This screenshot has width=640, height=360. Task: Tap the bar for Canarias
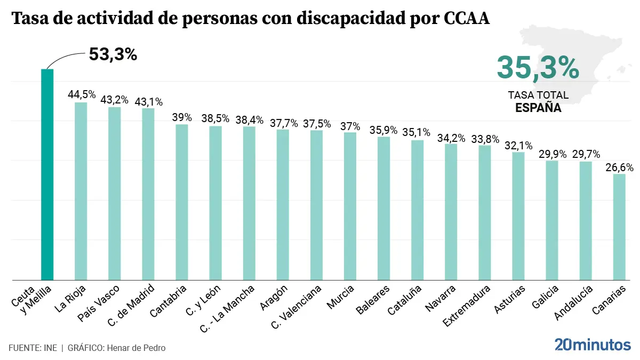coord(619,227)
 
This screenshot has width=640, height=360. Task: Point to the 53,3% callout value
coord(113,54)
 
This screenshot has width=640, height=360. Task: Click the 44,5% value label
coord(82,94)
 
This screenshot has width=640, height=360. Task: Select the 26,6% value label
coord(619,167)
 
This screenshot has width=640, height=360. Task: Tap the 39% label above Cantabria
coord(181,117)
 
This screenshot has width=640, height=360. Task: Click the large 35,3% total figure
coord(538,68)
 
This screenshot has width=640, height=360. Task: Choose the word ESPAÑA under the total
coord(538,107)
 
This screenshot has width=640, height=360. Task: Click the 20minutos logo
coord(592,345)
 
